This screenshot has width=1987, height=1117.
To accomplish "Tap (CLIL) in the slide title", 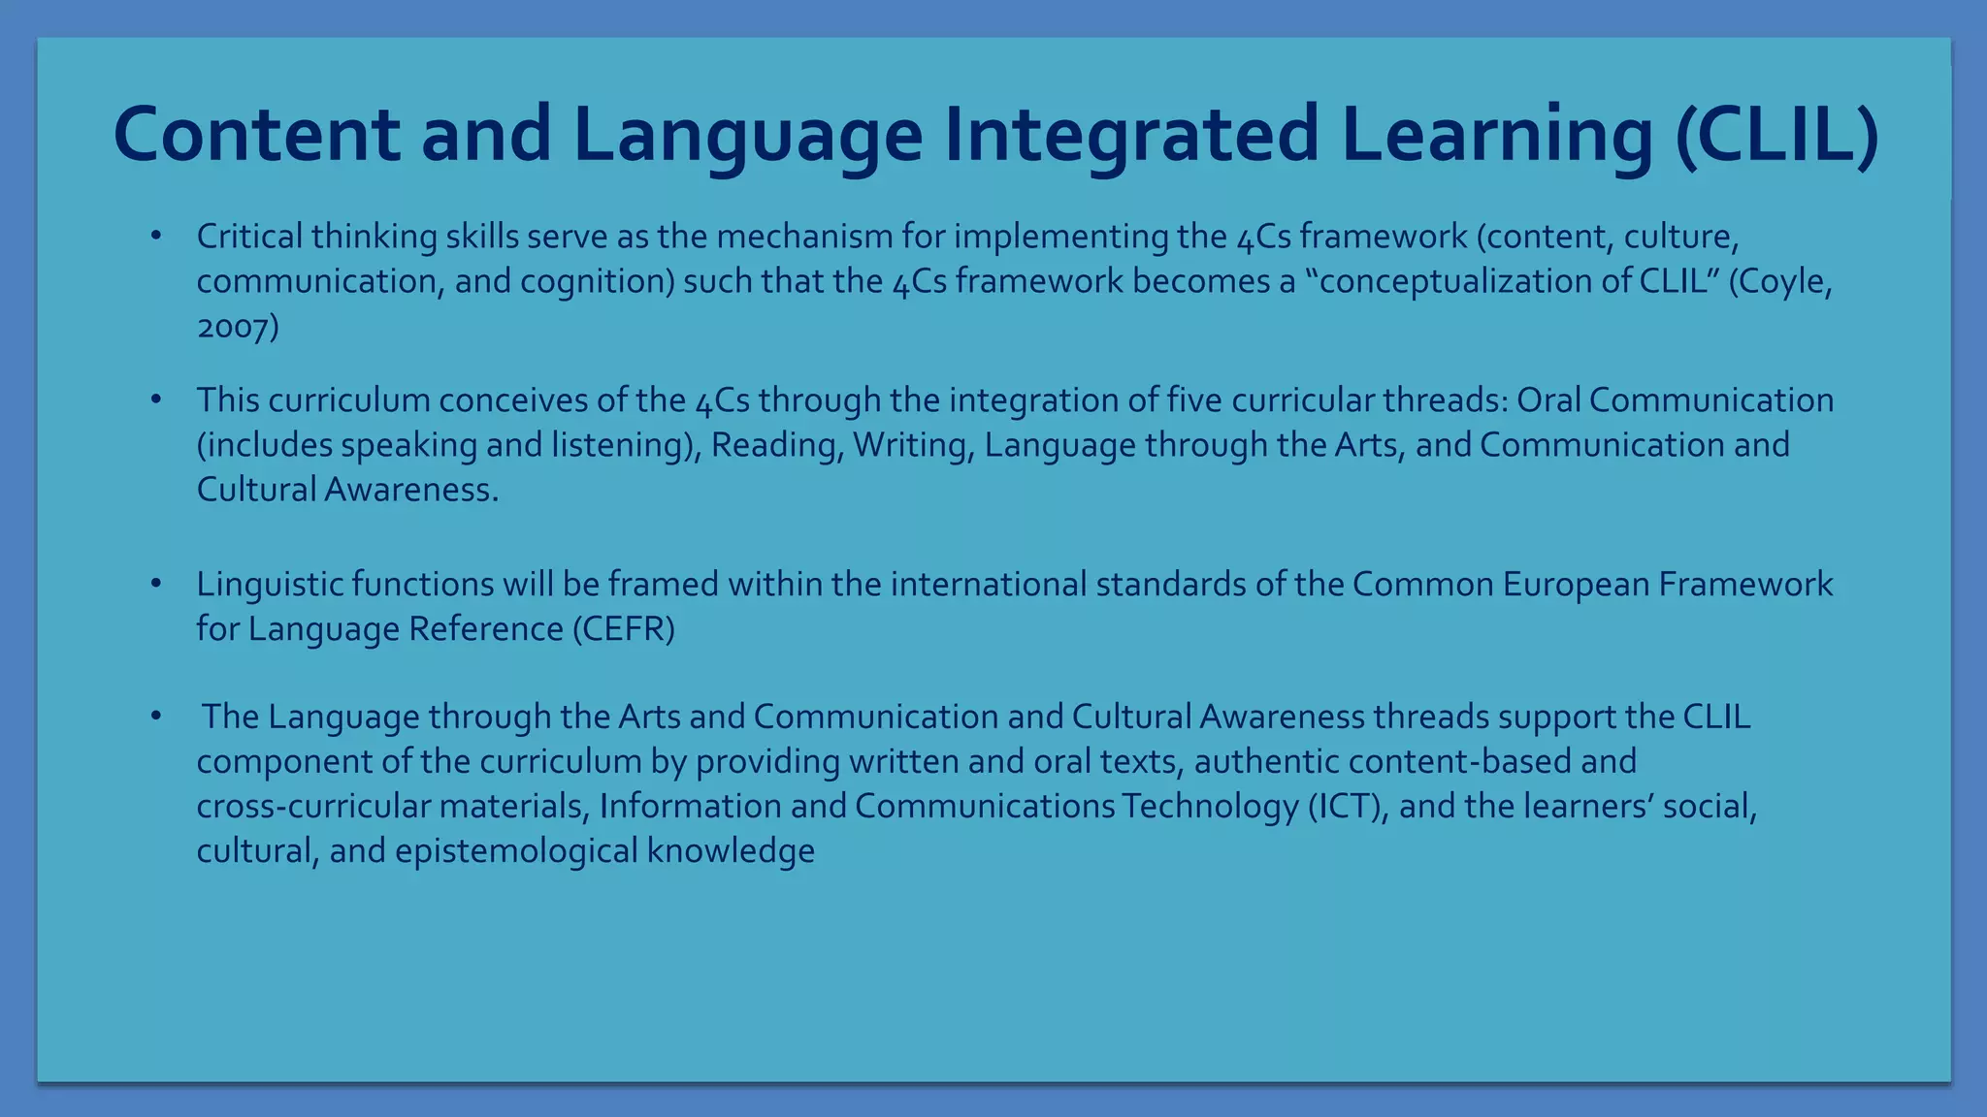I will pyautogui.click(x=1776, y=135).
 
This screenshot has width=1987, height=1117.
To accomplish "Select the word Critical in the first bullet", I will pyautogui.click(x=249, y=237).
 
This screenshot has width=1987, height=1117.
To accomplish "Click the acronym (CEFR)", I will pyautogui.click(x=623, y=629).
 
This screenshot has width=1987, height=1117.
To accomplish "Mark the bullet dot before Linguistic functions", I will pyautogui.click(x=155, y=584).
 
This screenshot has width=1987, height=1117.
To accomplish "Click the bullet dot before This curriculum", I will pyautogui.click(x=155, y=399).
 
